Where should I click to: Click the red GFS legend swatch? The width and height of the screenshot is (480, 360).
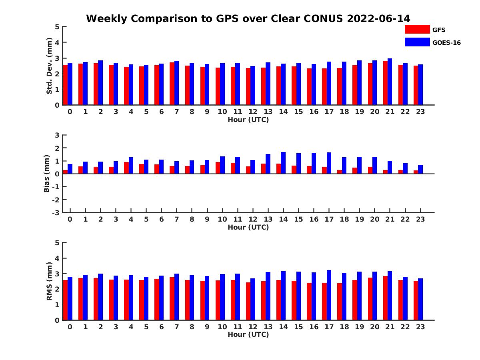coord(417,29)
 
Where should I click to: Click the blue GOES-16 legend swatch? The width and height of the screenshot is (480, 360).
coord(417,42)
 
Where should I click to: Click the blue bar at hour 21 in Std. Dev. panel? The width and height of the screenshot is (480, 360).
coord(390,82)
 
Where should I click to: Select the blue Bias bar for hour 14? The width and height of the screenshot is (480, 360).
coord(283,163)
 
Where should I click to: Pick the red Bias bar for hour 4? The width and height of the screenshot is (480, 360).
coord(126,168)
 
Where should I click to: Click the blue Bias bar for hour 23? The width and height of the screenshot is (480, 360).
coord(420,169)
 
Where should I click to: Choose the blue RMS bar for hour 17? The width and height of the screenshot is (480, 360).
coord(329,295)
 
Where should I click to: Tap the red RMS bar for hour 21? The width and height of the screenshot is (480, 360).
coord(385,298)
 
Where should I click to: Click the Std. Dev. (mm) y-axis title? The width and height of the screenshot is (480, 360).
coord(50,66)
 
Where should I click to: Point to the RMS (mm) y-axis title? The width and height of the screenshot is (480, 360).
coord(50,281)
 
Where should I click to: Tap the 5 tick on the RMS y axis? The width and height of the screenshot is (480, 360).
coord(57,243)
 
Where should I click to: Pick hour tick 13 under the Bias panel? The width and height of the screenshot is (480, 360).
coord(268,219)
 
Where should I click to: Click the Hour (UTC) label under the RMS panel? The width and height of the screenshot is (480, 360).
coord(248,334)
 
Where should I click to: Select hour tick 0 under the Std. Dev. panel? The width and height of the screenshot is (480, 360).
coord(70,112)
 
